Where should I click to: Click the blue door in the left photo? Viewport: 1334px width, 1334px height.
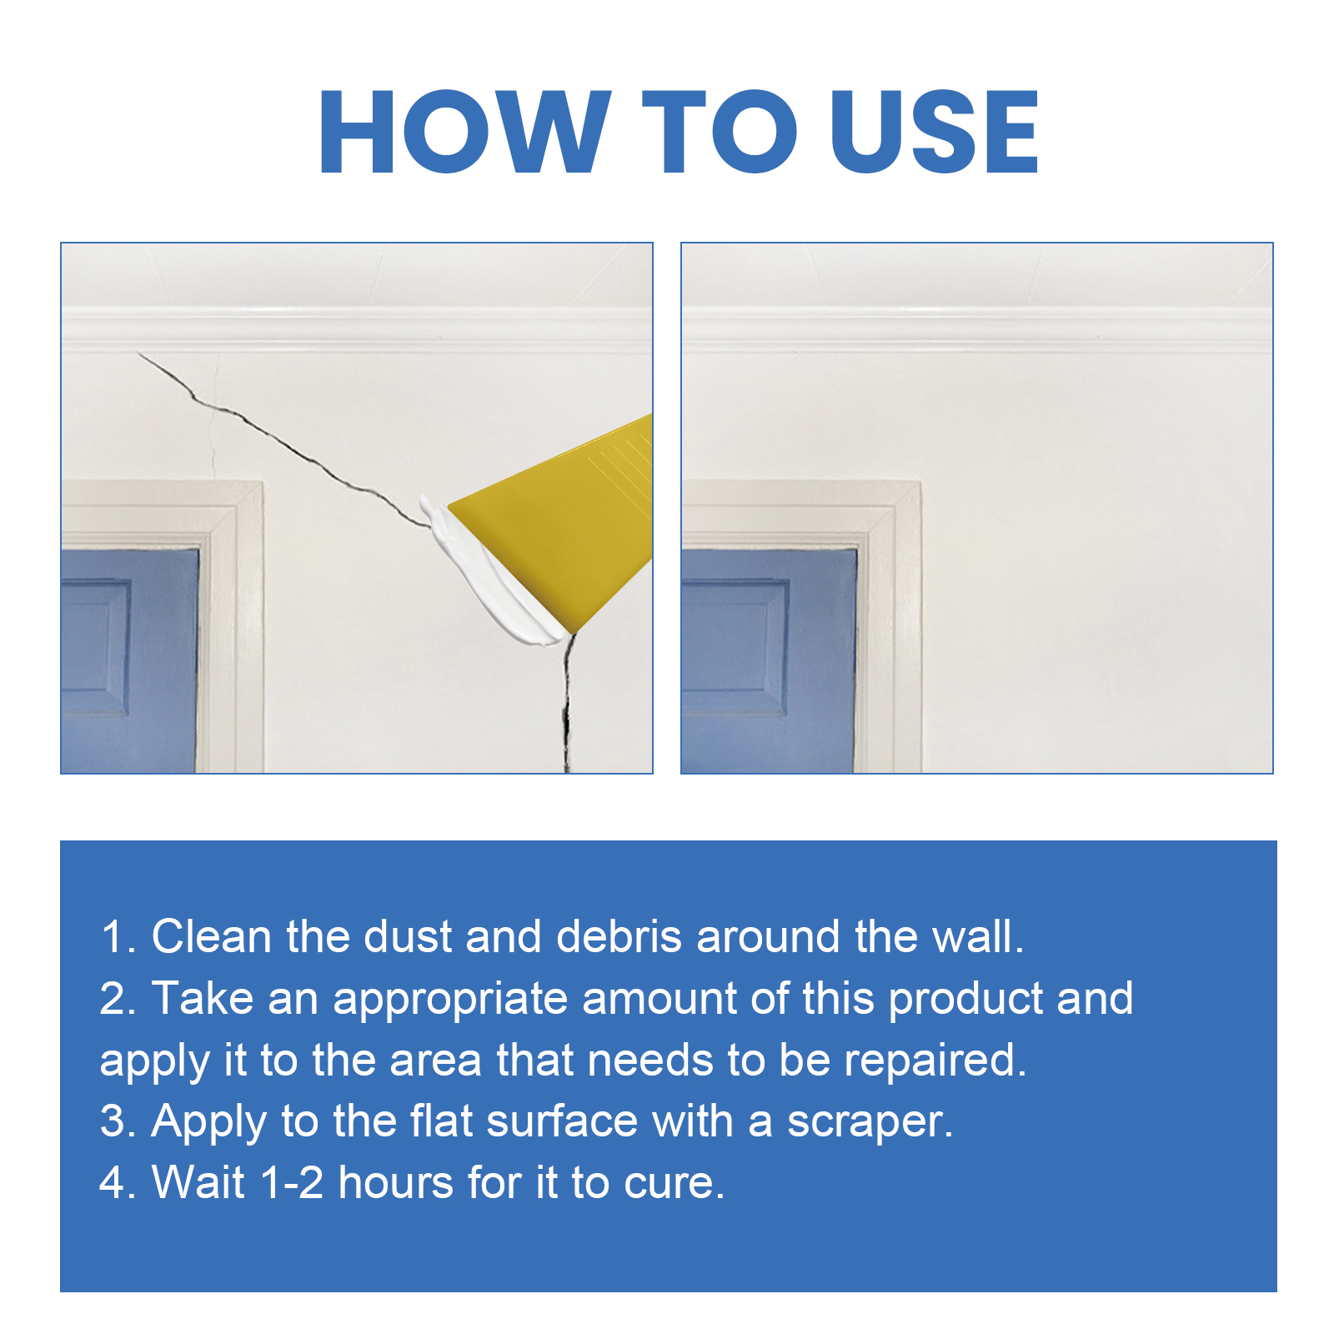125,659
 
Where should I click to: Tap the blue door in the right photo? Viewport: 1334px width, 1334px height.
767,659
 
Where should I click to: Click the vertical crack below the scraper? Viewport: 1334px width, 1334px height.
567,709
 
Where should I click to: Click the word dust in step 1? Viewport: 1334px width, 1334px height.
408,936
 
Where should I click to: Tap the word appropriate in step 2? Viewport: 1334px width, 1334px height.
450,999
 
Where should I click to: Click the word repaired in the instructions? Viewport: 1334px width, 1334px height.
934,1061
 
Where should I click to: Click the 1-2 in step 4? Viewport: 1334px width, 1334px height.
291,1182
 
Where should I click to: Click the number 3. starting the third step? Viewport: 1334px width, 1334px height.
118,1121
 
